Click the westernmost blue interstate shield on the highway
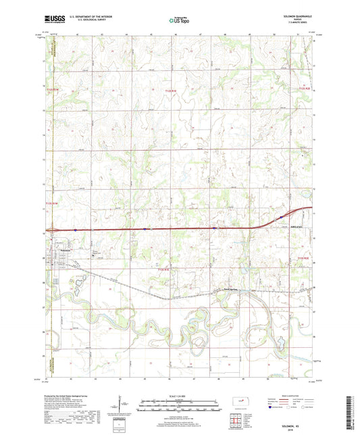(76, 230)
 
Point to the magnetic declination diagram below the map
(123, 404)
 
